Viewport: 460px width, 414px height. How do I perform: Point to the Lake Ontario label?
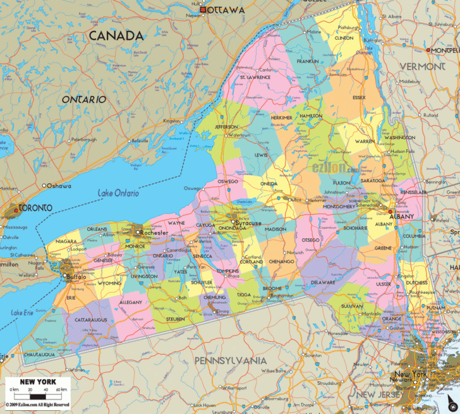[118, 193]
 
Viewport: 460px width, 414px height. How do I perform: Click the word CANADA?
[116, 35]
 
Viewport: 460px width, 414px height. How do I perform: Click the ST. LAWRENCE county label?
[255, 77]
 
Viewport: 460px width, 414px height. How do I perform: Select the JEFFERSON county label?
[226, 126]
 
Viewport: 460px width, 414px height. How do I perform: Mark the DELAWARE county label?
[323, 282]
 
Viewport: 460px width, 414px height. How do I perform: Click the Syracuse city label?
[248, 222]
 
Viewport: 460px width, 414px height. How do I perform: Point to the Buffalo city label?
[75, 276]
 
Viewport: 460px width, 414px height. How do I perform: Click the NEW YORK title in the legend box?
[38, 382]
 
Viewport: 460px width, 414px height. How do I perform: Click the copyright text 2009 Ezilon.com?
[37, 404]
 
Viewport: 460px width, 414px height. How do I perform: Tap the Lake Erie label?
[21, 313]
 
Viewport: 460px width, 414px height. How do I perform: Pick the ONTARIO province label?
[83, 100]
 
